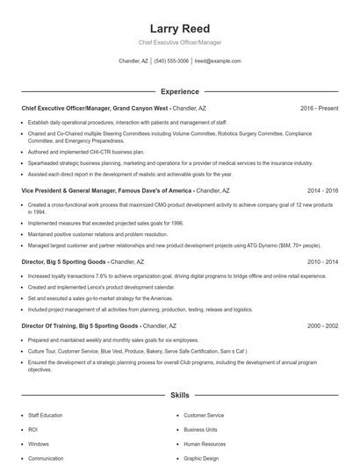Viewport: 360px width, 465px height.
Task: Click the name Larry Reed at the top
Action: pyautogui.click(x=180, y=29)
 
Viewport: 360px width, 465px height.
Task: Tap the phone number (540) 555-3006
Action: pyautogui.click(x=171, y=61)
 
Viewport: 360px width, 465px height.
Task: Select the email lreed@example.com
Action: pyautogui.click(x=217, y=61)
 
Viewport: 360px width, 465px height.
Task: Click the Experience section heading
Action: pyautogui.click(x=180, y=91)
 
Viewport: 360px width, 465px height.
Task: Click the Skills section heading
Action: pyautogui.click(x=180, y=396)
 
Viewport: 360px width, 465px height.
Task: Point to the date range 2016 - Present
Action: pyautogui.click(x=319, y=108)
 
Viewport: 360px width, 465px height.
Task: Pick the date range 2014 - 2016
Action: pyautogui.click(x=322, y=190)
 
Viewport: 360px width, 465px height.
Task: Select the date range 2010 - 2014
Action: pyautogui.click(x=322, y=261)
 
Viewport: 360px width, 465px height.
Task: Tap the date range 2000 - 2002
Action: pyautogui.click(x=322, y=325)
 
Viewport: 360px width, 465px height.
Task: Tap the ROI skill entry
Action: pyautogui.click(x=33, y=430)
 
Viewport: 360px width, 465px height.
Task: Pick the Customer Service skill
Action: pyautogui.click(x=204, y=415)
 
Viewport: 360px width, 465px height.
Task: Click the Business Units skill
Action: pyautogui.click(x=201, y=430)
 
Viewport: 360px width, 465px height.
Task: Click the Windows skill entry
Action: pyautogui.click(x=39, y=444)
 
